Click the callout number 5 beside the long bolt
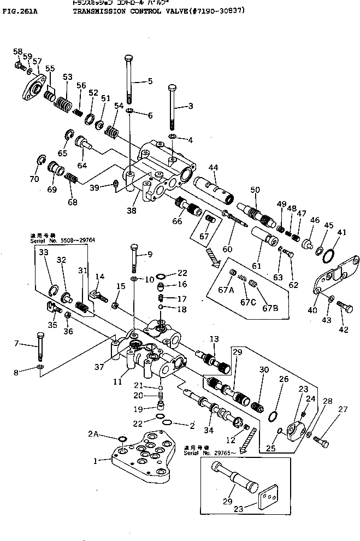[x=150, y=81]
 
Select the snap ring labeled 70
[x=39, y=161]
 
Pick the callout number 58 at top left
[x=17, y=51]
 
